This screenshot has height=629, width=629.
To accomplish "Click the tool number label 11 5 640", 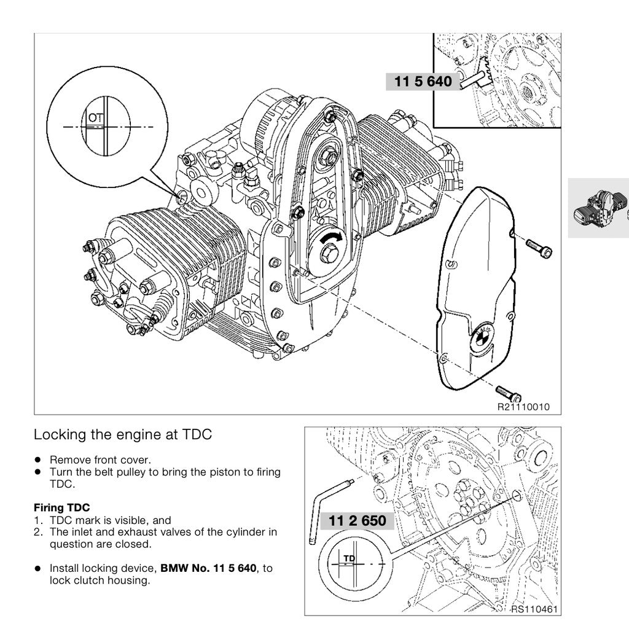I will pos(423,82).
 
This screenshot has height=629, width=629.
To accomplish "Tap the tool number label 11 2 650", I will pos(357,522).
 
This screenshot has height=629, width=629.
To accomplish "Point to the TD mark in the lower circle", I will pos(349,558).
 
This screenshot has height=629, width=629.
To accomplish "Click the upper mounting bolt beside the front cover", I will pos(539,247).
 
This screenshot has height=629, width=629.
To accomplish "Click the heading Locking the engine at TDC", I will pos(122,434).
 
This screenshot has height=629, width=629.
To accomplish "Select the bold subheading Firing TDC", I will pos(61,507).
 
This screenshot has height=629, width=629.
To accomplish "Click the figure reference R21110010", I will pos(523,407).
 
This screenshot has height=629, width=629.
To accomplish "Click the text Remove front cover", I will pos(100,459).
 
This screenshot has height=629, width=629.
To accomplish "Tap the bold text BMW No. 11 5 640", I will pos(208,568).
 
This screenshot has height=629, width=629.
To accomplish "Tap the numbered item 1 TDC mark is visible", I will pos(103,520).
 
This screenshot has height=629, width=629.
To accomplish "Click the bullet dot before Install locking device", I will pos(37,569).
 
